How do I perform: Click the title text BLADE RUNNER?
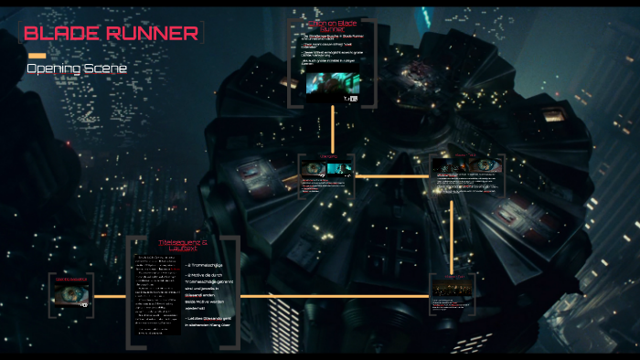click(111, 34)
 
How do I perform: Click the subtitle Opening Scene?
click(77, 69)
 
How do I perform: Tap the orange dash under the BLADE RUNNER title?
click(37, 56)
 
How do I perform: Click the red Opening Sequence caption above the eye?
click(71, 278)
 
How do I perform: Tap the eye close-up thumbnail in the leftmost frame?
click(71, 294)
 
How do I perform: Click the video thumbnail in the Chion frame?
click(333, 85)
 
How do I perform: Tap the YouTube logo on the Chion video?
click(350, 98)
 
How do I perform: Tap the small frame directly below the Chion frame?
click(326, 175)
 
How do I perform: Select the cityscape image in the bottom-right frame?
click(454, 290)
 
